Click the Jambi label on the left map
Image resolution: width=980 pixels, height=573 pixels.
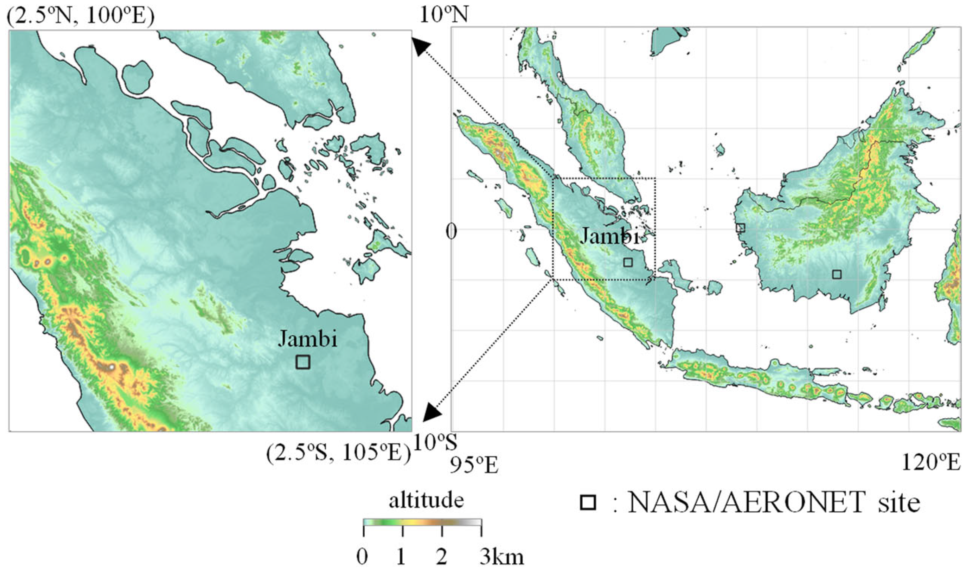[307, 338]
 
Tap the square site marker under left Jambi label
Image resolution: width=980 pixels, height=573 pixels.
[302, 362]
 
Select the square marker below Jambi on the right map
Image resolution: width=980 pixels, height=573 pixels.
[628, 262]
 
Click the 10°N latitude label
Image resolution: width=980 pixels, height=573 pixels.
[444, 14]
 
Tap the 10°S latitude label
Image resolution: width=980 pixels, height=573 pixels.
[435, 443]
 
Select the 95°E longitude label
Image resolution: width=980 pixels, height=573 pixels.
[474, 464]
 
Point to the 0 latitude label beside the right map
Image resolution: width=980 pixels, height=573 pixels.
[452, 231]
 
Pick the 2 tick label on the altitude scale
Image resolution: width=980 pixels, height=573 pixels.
[442, 557]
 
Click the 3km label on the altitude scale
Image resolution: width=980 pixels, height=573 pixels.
[501, 557]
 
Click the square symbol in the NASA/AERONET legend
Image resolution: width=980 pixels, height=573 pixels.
[588, 503]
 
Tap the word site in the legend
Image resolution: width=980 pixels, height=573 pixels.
[899, 502]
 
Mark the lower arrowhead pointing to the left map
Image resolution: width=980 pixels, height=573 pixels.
[432, 412]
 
